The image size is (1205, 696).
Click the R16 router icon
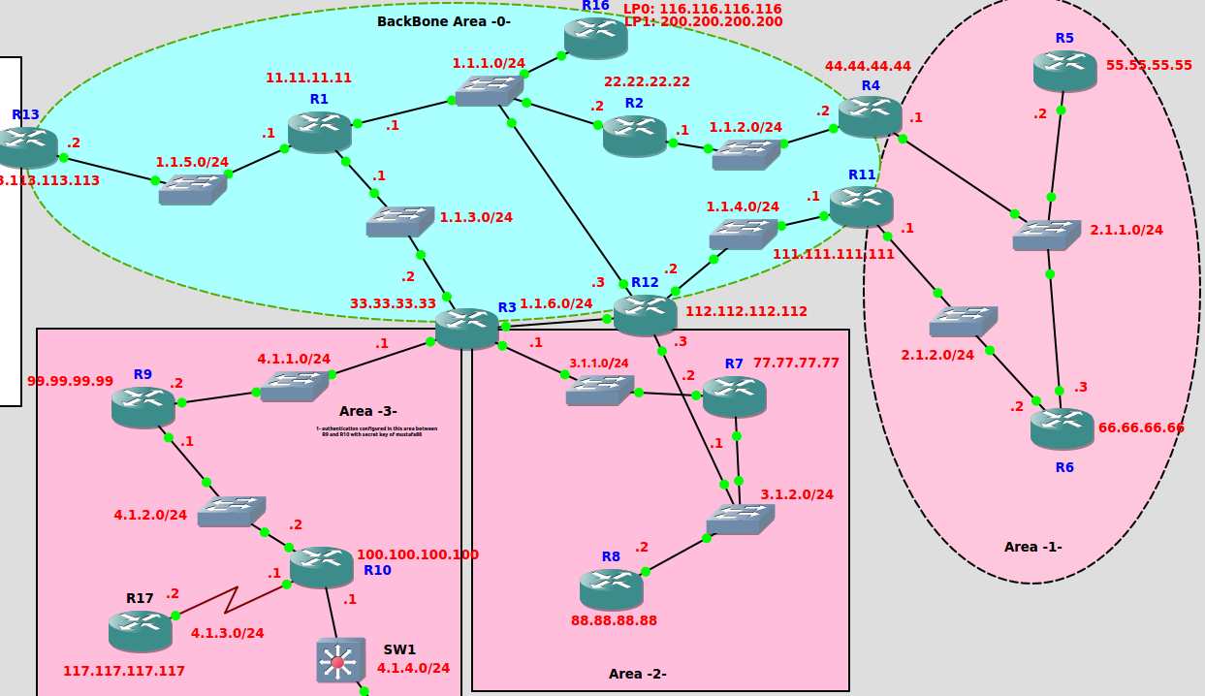(x=595, y=38)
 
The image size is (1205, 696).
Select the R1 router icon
(x=319, y=132)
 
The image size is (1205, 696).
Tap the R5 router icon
(x=1064, y=71)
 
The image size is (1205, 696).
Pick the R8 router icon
(x=611, y=588)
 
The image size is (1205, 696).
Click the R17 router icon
(x=141, y=630)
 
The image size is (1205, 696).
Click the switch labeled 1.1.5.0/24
(x=192, y=189)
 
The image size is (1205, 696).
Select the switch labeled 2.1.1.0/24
(x=1046, y=235)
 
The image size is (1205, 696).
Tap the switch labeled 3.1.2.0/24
(x=740, y=519)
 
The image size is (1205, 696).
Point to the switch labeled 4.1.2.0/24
(x=231, y=511)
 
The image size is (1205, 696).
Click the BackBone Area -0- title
(x=443, y=21)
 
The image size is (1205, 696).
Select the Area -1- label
(x=1032, y=547)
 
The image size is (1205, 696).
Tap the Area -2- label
(x=637, y=674)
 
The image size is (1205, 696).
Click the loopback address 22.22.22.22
(x=647, y=81)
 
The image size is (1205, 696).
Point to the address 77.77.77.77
(x=796, y=364)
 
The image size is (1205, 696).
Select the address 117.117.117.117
(x=124, y=671)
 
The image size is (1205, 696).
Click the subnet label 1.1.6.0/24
(x=555, y=303)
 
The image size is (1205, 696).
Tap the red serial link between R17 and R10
(x=231, y=600)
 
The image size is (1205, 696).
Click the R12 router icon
(x=645, y=314)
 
